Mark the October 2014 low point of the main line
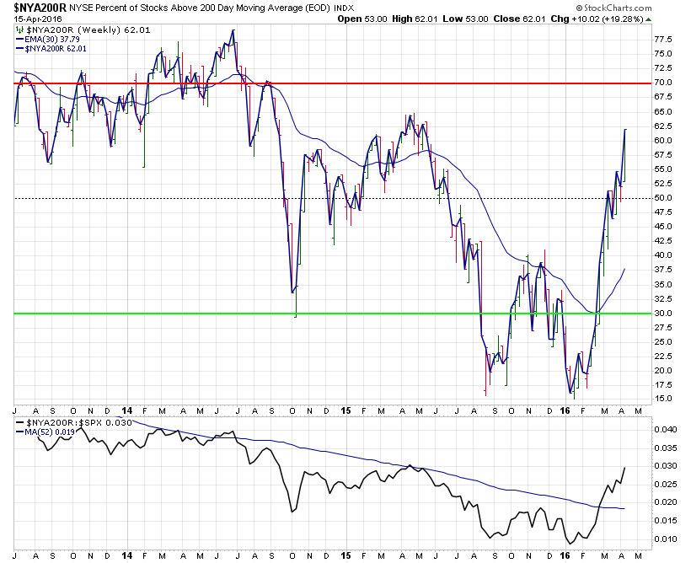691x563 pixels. click(294, 292)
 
